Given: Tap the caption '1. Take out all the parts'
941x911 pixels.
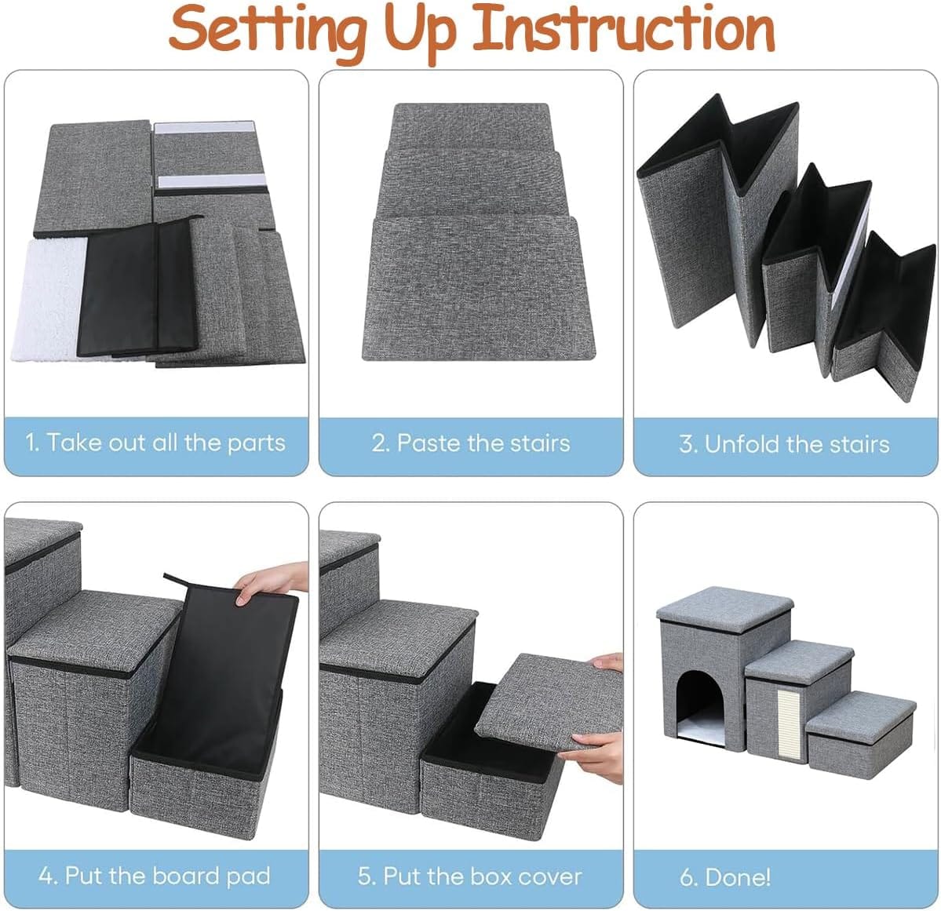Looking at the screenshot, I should tap(155, 443).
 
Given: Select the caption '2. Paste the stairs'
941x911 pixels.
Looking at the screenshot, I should tap(471, 443).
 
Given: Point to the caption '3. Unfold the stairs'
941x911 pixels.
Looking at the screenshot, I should tap(784, 444).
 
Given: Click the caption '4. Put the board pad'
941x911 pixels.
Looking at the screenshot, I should tap(155, 876).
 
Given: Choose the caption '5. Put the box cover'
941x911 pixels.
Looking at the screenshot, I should tap(471, 876).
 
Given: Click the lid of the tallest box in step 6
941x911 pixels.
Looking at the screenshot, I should tap(724, 605).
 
